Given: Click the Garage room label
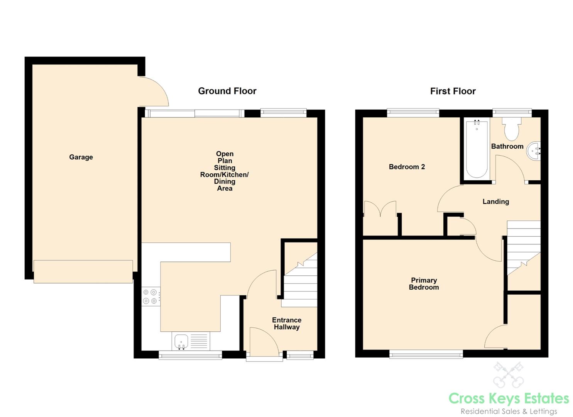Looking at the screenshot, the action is pyautogui.click(x=81, y=157).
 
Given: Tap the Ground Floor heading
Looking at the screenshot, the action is pyautogui.click(x=227, y=91).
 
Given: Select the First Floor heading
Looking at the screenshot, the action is pyautogui.click(x=453, y=91).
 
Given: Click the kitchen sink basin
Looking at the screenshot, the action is pyautogui.click(x=181, y=342).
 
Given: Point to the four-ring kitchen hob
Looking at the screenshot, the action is pyautogui.click(x=150, y=297).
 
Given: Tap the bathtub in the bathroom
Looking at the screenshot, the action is pyautogui.click(x=477, y=149).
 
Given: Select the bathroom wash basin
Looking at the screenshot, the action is pyautogui.click(x=534, y=151).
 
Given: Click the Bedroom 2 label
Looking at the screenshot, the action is pyautogui.click(x=407, y=167).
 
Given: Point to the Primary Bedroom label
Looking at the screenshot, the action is pyautogui.click(x=424, y=284).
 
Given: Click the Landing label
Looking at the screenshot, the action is pyautogui.click(x=496, y=202).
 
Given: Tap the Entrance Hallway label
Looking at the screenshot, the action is pyautogui.click(x=286, y=323).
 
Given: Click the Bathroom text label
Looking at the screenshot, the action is pyautogui.click(x=507, y=146).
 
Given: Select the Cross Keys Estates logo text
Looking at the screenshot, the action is pyautogui.click(x=509, y=398).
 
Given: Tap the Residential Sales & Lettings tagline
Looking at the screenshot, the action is pyautogui.click(x=509, y=411).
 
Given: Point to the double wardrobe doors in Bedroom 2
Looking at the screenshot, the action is pyautogui.click(x=380, y=208).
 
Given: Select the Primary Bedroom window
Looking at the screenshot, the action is pyautogui.click(x=426, y=354).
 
